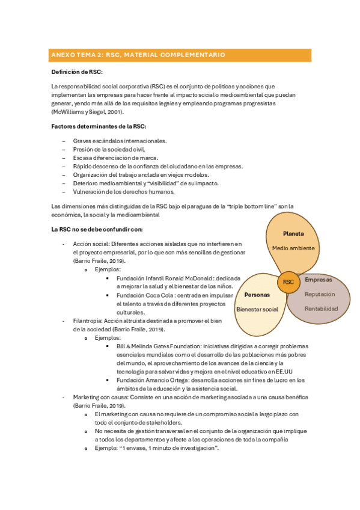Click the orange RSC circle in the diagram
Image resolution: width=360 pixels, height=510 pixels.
pos(288,281)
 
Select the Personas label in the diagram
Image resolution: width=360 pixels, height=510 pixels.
pos(257,295)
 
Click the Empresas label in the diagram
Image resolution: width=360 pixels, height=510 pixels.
pos(318,280)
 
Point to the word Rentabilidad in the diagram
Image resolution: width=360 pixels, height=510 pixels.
pos(321,309)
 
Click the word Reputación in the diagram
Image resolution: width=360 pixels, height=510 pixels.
pos(320,294)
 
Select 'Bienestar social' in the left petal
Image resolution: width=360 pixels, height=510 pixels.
pos(257,309)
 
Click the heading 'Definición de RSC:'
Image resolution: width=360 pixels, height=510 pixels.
pos(77,72)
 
